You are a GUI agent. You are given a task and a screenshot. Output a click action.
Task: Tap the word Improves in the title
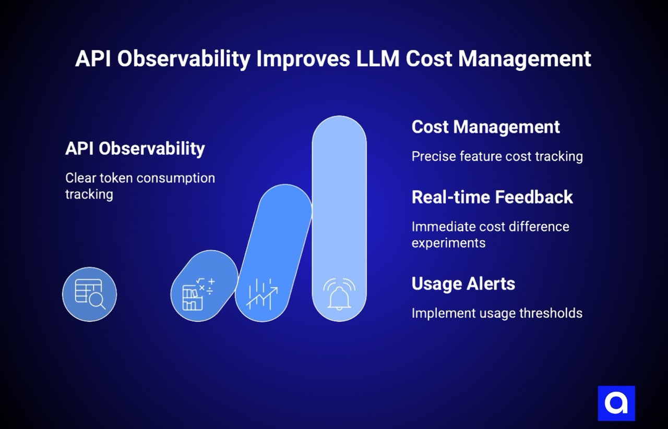[x=303, y=59]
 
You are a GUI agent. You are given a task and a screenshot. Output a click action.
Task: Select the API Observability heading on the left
[x=135, y=149]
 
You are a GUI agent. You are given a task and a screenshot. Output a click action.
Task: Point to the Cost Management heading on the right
[x=485, y=127]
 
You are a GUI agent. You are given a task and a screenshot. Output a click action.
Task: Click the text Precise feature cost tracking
[x=497, y=156]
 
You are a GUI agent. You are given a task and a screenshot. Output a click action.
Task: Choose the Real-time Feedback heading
[x=492, y=197]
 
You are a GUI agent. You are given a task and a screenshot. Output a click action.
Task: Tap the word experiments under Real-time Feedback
[x=448, y=243]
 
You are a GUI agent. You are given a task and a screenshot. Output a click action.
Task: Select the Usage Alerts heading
[x=463, y=284]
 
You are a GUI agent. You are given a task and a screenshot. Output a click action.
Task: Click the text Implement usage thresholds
[x=497, y=313]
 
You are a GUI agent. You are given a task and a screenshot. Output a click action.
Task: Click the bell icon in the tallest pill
[x=339, y=295]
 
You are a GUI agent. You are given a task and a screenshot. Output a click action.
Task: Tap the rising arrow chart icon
[x=263, y=295]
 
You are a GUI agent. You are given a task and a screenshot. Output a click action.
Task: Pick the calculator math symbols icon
[x=198, y=295]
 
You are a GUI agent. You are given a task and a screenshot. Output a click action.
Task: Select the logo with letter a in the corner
[x=616, y=403]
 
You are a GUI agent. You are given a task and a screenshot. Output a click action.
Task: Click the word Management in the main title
[x=524, y=59]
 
